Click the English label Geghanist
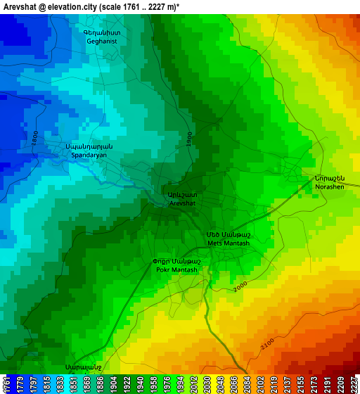click(102, 42)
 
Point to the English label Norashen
click(330, 187)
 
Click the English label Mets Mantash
click(228, 243)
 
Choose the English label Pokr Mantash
click(176, 269)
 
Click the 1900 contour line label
click(188, 139)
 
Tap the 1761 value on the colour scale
click(6, 383)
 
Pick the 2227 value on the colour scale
click(353, 383)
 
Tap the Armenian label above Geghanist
click(102, 32)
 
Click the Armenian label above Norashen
click(328, 178)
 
